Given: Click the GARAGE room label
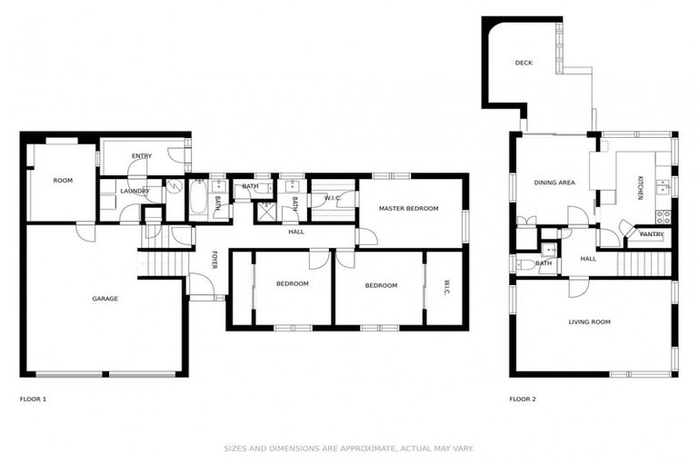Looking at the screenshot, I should coord(105,298).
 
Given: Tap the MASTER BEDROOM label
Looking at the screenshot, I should coord(409,208).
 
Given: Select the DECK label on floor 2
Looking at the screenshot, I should coord(523,63).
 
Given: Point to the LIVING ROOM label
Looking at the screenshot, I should coord(589,322).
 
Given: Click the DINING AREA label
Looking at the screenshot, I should coord(553,183).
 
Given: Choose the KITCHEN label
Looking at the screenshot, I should coord(640,188).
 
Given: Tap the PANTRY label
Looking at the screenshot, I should coord(651,234).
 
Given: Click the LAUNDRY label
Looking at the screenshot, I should coord(135,191).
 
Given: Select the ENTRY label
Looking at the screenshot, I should coord(141,156).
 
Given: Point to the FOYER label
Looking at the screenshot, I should coord(215,259).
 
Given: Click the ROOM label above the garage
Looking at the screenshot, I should coord(63,181).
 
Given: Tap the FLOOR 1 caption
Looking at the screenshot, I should coord(33,399).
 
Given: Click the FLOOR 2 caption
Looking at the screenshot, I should coord(523,399).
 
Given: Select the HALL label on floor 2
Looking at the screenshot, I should coord(588,259).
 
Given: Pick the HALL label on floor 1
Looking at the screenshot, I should coord(296,232).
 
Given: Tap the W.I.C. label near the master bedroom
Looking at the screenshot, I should coord(333,198).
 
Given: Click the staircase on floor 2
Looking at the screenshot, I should coord(644,263).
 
